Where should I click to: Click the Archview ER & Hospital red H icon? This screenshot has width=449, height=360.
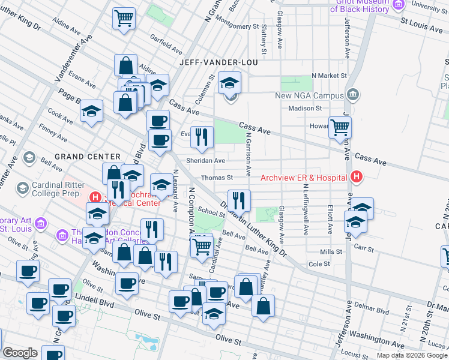pyautogui.click(x=357, y=177)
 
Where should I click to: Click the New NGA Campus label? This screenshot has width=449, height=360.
pyautogui.click(x=309, y=95)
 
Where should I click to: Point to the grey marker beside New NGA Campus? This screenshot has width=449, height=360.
pyautogui.click(x=354, y=94)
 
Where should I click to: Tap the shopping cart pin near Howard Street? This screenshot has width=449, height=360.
pyautogui.click(x=340, y=127)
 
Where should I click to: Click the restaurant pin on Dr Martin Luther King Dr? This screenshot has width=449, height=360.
pyautogui.click(x=239, y=200)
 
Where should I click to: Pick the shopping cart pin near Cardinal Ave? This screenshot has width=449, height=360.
pyautogui.click(x=202, y=245)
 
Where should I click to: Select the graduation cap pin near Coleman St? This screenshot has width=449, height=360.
pyautogui.click(x=229, y=83)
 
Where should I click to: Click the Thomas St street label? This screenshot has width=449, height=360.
pyautogui.click(x=217, y=178)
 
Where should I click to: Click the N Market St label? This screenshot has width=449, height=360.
pyautogui.click(x=329, y=76)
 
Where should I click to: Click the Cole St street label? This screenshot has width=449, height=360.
pyautogui.click(x=319, y=263)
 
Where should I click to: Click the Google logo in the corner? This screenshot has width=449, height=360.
pyautogui.click(x=20, y=353)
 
